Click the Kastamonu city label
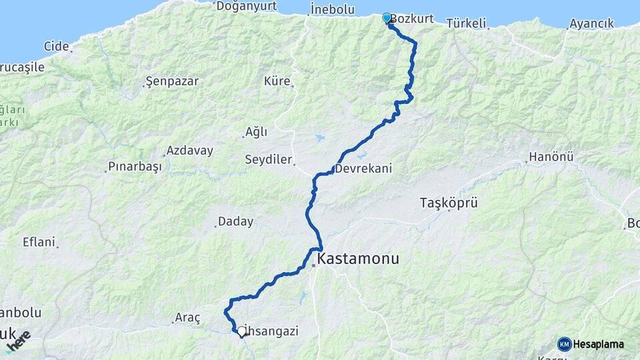pos(358,259)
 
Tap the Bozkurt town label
pos(411,19)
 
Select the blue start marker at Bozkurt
pos(387,18)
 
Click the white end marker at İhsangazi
pos(242,330)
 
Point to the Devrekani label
pos(363,169)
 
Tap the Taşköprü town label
pos(449,203)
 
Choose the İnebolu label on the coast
pos(332,9)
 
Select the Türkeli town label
pos(466,23)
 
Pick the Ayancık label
pos(591,23)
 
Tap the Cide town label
pos(57,46)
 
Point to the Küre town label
pos(277,81)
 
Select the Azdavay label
pos(190,151)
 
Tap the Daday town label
pos(236,221)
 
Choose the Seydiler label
pos(268,160)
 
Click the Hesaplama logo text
pos(598,344)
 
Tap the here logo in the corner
pos(19,341)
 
